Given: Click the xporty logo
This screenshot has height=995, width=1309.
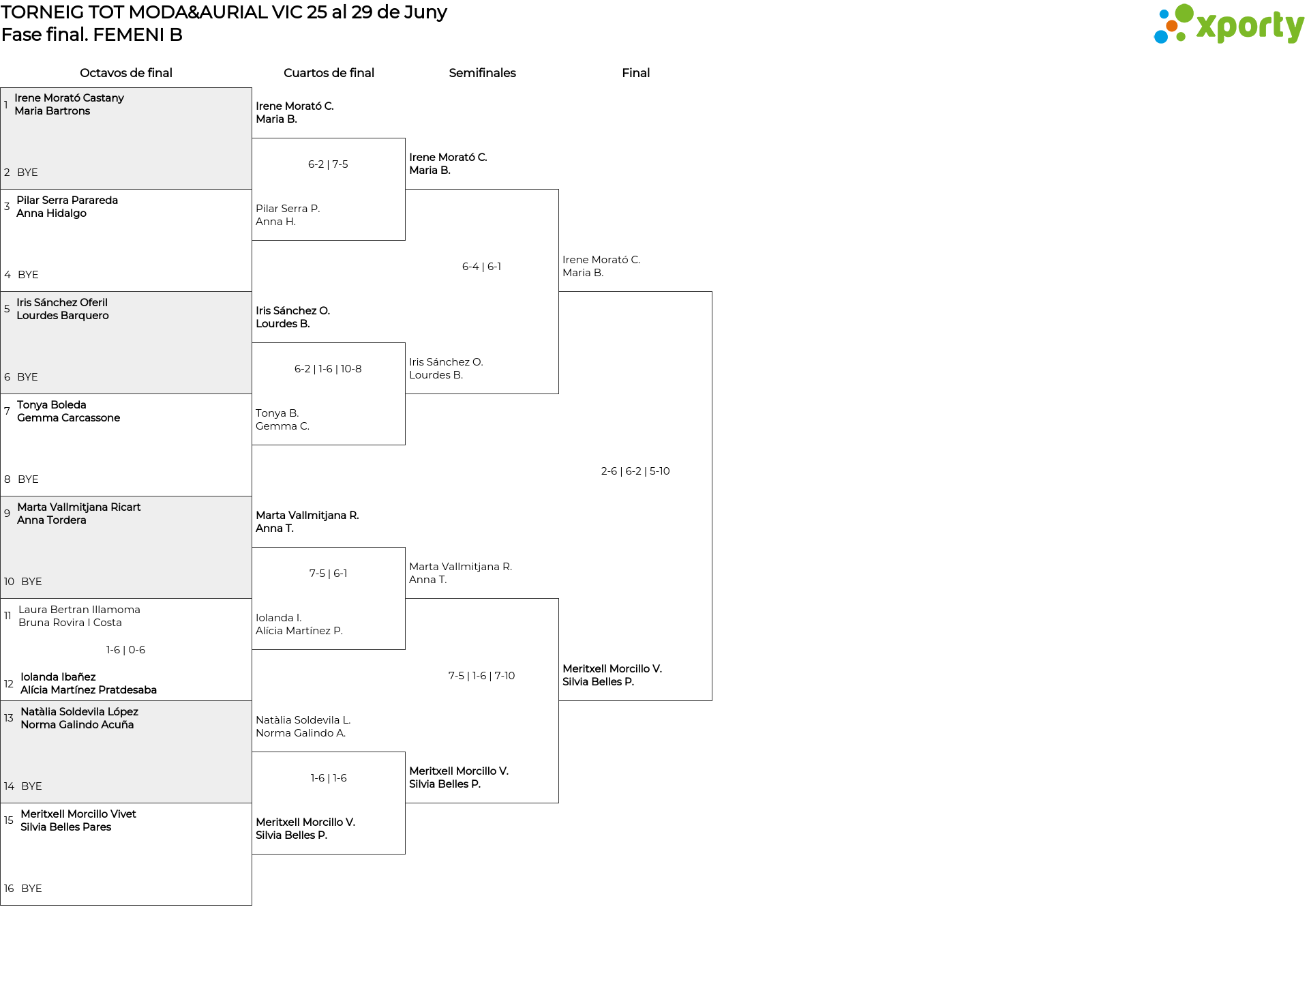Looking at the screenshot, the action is pyautogui.click(x=1229, y=25).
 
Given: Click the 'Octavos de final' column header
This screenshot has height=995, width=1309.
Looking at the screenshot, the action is pyautogui.click(x=126, y=73).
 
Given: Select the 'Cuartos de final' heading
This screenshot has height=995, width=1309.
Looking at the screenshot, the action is pyautogui.click(x=329, y=73).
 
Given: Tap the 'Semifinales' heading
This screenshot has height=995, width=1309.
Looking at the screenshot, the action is pyautogui.click(x=482, y=73).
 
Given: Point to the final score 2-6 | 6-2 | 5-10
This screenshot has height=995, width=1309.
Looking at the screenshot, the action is pyautogui.click(x=635, y=471).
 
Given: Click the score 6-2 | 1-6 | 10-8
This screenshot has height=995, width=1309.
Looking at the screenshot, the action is pyautogui.click(x=328, y=369).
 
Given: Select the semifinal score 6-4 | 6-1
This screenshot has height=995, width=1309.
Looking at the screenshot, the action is pyautogui.click(x=481, y=267).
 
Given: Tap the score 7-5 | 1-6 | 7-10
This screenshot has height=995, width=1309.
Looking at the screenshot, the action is pyautogui.click(x=481, y=676).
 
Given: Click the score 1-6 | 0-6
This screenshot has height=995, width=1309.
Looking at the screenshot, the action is pyautogui.click(x=125, y=650).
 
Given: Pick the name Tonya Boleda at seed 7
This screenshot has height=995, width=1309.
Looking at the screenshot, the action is pyautogui.click(x=52, y=405).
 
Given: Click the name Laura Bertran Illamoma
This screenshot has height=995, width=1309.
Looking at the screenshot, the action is pyautogui.click(x=79, y=610).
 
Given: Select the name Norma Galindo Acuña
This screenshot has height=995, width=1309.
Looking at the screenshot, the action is pyautogui.click(x=77, y=725).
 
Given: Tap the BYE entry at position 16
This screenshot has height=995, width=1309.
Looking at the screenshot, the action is pyautogui.click(x=31, y=889).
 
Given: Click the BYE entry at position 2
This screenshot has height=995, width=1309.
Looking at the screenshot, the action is pyautogui.click(x=27, y=173).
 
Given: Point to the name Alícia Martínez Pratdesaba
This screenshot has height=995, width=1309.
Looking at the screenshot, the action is pyautogui.click(x=89, y=690).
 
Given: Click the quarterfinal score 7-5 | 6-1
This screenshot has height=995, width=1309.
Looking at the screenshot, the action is pyautogui.click(x=328, y=574).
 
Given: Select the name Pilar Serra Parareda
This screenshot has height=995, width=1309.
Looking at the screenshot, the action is pyautogui.click(x=67, y=201).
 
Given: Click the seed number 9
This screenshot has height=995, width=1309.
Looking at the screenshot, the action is pyautogui.click(x=7, y=514).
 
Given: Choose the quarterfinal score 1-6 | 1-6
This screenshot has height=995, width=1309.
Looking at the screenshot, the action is pyautogui.click(x=329, y=778).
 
